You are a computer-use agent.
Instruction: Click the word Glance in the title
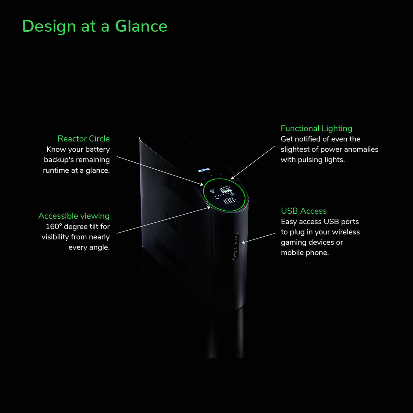(141, 26)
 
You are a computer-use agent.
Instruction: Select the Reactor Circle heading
(84, 138)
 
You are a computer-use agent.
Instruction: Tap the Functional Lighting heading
(316, 129)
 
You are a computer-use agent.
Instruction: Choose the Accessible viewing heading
(74, 216)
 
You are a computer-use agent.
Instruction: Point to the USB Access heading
(304, 211)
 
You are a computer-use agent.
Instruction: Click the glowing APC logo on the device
(204, 170)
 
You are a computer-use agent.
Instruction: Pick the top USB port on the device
(236, 237)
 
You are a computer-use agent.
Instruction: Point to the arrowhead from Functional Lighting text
(232, 178)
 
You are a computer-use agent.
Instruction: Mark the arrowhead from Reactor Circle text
(202, 184)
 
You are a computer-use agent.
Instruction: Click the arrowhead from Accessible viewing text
(209, 208)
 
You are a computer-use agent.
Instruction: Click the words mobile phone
(305, 253)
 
